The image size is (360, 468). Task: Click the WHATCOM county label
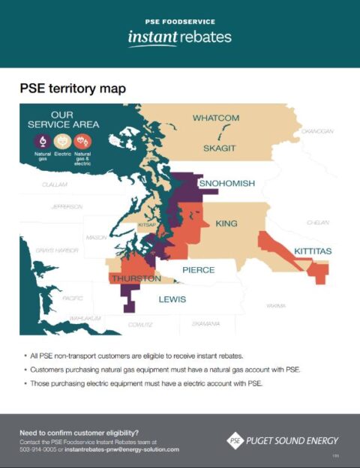tap(215, 118)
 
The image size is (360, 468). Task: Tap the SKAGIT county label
tap(220, 148)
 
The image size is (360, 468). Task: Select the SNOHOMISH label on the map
tap(226, 184)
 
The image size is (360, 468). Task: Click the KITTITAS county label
tap(313, 250)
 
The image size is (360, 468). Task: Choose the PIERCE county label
tap(198, 270)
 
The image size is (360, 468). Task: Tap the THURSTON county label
tap(136, 279)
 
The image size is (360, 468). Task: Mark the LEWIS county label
tap(172, 299)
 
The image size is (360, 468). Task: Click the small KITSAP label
tap(147, 224)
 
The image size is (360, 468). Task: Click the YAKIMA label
tap(276, 306)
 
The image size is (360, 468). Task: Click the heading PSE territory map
tap(73, 89)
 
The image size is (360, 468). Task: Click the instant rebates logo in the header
tap(179, 37)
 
